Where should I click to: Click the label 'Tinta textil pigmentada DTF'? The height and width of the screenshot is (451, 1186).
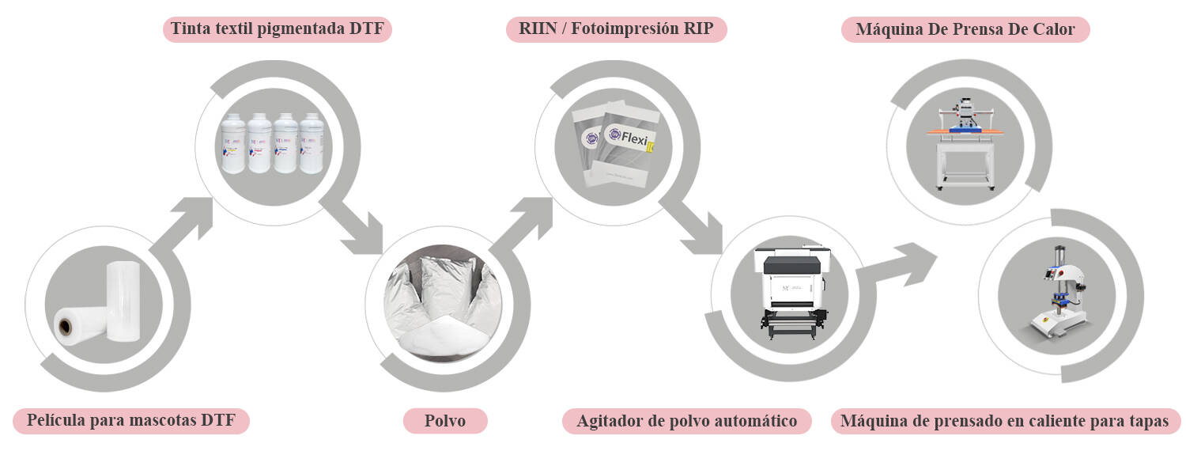pos(278,30)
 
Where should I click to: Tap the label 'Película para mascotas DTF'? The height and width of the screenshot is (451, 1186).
pos(131,420)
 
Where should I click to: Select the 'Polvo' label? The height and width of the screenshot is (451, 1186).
pos(445,420)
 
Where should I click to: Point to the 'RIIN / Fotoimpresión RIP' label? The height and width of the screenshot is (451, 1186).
pos(616,30)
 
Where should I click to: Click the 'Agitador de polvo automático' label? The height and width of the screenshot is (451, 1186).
pos(687,421)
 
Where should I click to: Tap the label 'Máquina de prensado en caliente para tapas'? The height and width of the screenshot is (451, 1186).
pos(1004,421)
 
